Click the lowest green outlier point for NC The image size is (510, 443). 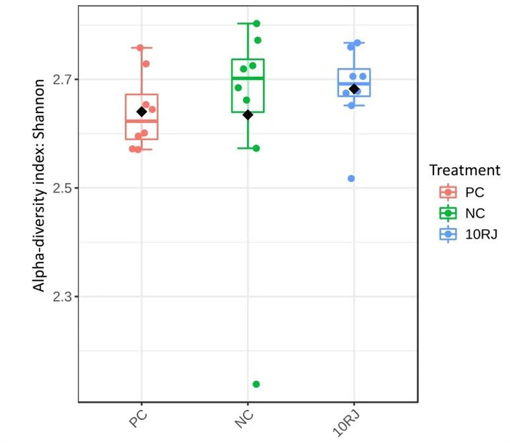click(x=256, y=384)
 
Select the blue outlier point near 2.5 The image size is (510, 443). click(x=351, y=178)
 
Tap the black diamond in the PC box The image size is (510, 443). click(x=142, y=112)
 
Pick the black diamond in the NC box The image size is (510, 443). click(x=249, y=115)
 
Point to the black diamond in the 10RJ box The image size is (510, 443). click(x=354, y=89)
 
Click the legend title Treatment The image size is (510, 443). click(x=463, y=170)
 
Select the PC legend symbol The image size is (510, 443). click(x=448, y=192)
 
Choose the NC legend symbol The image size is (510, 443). click(x=448, y=214)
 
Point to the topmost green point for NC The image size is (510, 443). click(x=257, y=24)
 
